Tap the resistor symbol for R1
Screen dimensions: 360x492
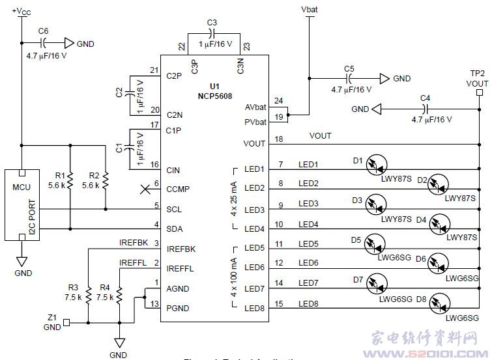[70, 179]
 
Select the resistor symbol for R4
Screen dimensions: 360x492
[119, 296]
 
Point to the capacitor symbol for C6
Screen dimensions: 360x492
[44, 43]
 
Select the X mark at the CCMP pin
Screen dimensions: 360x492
[145, 189]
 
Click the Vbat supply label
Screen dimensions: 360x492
[308, 11]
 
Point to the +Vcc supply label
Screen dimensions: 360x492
[21, 11]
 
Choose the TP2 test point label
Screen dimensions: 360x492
[477, 73]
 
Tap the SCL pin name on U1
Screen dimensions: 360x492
[174, 209]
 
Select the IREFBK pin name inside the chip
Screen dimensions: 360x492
[181, 249]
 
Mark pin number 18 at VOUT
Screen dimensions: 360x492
[280, 139]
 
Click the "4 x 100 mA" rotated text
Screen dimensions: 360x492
[233, 277]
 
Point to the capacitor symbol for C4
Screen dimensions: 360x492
[426, 108]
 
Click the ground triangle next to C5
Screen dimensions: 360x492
[385, 78]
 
